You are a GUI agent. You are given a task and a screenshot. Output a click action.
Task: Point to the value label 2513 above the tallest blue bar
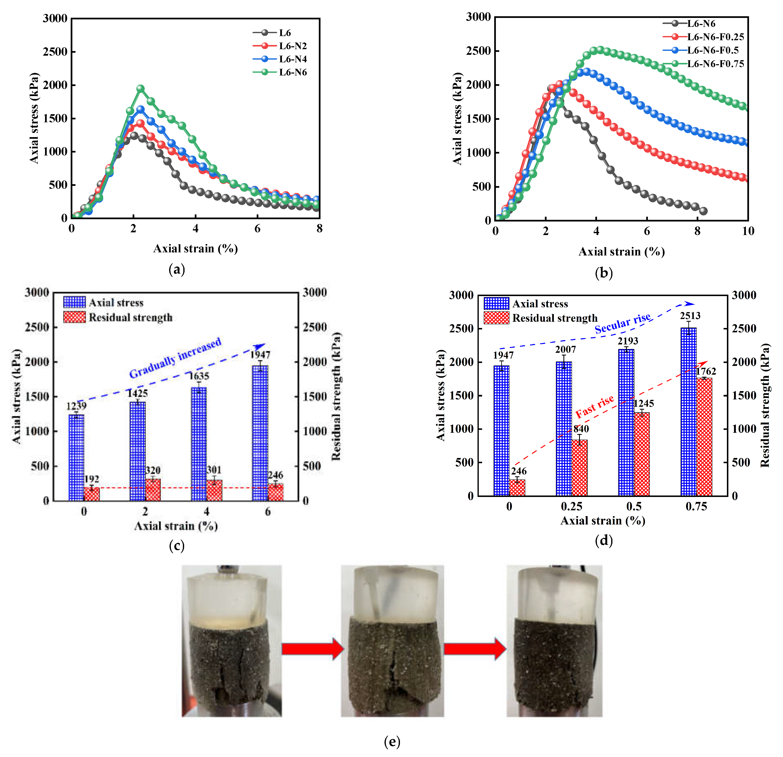coord(690,316)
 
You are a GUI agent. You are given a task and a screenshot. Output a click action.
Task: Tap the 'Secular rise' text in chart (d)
coord(622,323)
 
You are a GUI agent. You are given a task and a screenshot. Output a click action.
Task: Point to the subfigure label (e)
coord(392,742)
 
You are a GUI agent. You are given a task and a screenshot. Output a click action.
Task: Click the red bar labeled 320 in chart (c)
coord(153,489)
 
